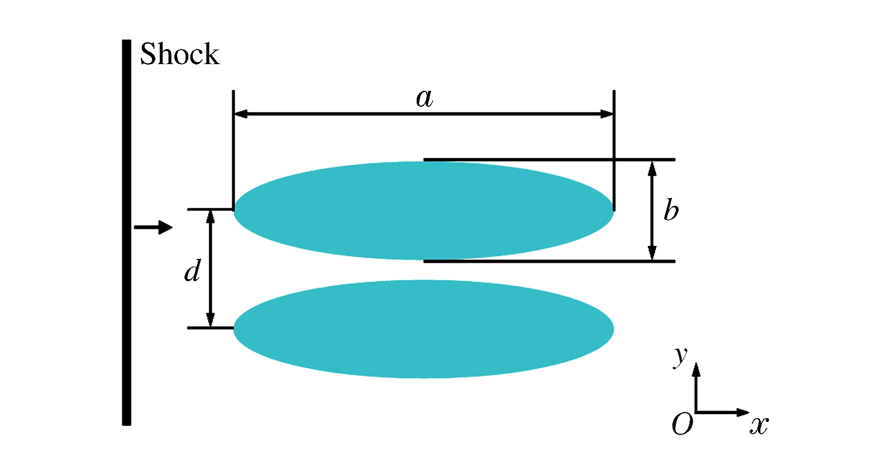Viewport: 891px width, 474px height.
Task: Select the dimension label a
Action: [424, 99]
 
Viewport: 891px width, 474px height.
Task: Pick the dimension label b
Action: [671, 210]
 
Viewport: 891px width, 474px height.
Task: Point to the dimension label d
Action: [193, 271]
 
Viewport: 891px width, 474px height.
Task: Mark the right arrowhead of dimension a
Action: [607, 114]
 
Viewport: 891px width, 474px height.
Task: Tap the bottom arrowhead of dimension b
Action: [652, 253]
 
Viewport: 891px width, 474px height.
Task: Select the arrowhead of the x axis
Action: [743, 412]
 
